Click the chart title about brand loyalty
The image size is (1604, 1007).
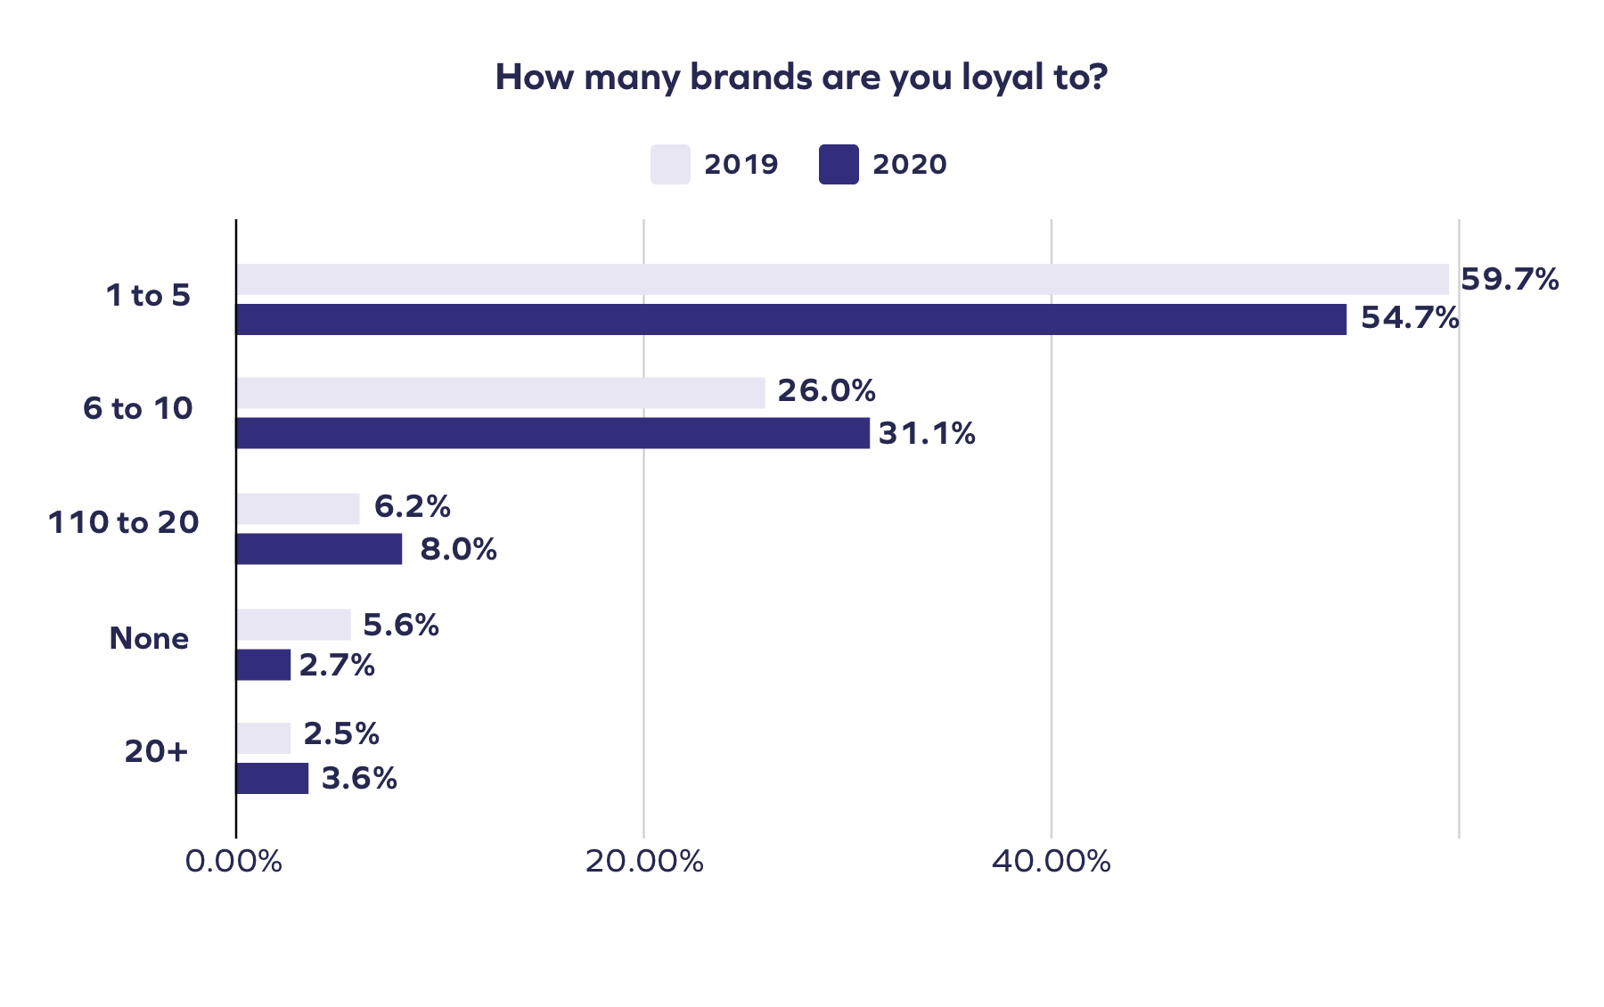(800, 78)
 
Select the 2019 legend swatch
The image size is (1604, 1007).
(669, 164)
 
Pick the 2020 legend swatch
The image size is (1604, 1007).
(839, 164)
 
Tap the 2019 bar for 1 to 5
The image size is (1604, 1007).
(841, 279)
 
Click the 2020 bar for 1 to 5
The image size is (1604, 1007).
(790, 319)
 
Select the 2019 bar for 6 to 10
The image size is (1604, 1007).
(500, 393)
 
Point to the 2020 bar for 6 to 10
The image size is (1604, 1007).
(552, 433)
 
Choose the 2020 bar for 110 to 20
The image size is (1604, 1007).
(319, 549)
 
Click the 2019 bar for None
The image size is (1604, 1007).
(293, 625)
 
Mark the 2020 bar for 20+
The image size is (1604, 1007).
(272, 778)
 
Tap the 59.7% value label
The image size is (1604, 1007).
(1510, 280)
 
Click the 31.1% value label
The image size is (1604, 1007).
(927, 434)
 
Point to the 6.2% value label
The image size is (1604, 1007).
(412, 507)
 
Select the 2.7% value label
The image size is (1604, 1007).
(337, 666)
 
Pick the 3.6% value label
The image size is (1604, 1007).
(358, 779)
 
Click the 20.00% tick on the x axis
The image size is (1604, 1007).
(643, 862)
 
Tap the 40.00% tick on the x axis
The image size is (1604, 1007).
(1051, 862)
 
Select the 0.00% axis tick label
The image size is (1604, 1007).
(234, 862)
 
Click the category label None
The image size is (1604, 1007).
(149, 638)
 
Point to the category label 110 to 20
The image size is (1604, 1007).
(123, 522)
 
